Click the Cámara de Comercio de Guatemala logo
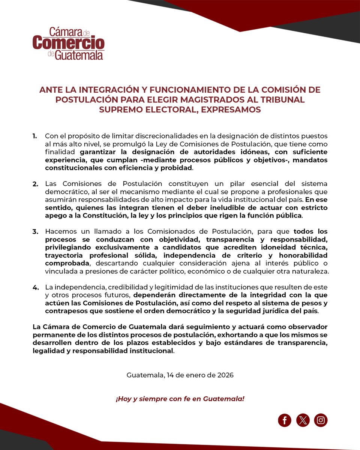68,43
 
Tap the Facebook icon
285,420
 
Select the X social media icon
303,420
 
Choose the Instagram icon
321,420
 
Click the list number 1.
35,135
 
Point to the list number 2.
35,184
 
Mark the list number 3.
35,232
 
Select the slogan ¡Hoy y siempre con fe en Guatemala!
180,398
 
